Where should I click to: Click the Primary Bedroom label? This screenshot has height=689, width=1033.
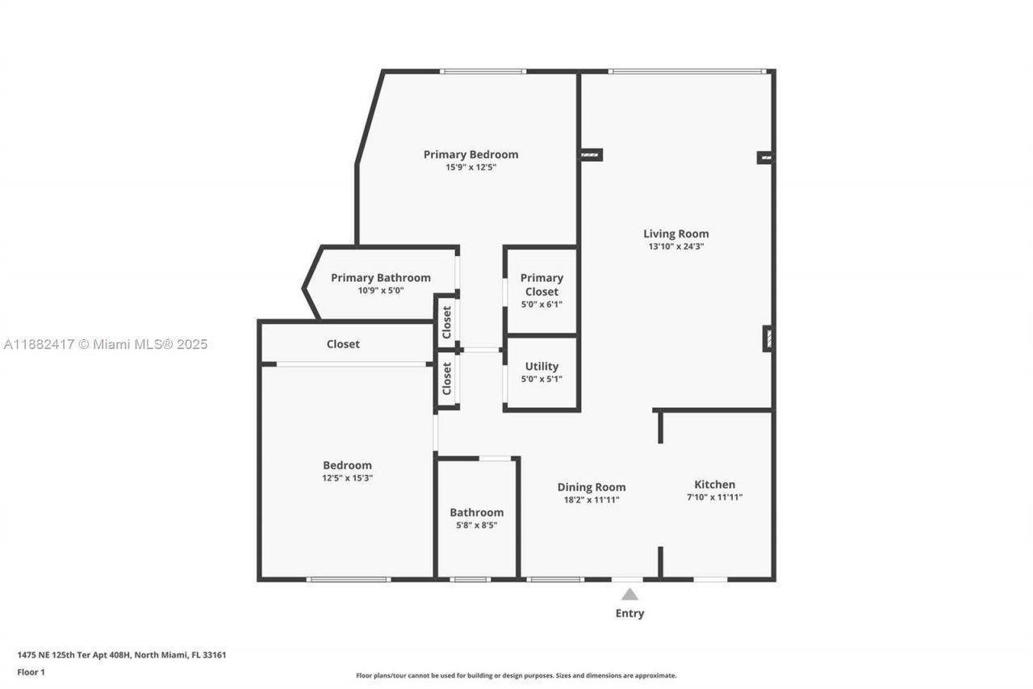click(470, 154)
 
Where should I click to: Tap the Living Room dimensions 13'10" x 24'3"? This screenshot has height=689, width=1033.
click(675, 247)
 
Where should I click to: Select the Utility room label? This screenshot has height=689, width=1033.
click(542, 367)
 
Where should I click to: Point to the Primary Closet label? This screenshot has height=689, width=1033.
click(542, 284)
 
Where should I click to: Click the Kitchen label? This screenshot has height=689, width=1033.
click(714, 485)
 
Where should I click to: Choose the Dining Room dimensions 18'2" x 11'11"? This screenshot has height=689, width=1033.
click(592, 500)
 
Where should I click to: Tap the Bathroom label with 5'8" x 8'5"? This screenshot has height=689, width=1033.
click(476, 512)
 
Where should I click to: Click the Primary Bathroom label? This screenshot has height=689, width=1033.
click(380, 278)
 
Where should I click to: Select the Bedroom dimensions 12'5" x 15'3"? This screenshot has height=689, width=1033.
click(347, 478)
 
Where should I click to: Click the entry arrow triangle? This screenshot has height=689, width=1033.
click(629, 594)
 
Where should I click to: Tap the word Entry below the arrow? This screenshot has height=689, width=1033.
click(629, 613)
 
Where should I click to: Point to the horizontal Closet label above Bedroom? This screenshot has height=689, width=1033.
click(343, 344)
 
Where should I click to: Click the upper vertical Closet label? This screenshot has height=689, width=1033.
click(447, 321)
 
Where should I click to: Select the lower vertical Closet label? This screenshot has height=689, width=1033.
click(447, 379)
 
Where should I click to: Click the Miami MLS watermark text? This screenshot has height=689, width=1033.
click(105, 344)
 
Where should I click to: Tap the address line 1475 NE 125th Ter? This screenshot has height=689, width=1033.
click(121, 655)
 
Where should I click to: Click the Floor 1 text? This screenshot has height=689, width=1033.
click(31, 672)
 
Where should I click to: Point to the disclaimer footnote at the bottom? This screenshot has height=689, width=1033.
click(516, 675)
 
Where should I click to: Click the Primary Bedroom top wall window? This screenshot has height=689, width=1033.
click(483, 72)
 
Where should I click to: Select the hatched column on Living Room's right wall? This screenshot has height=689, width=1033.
click(767, 338)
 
